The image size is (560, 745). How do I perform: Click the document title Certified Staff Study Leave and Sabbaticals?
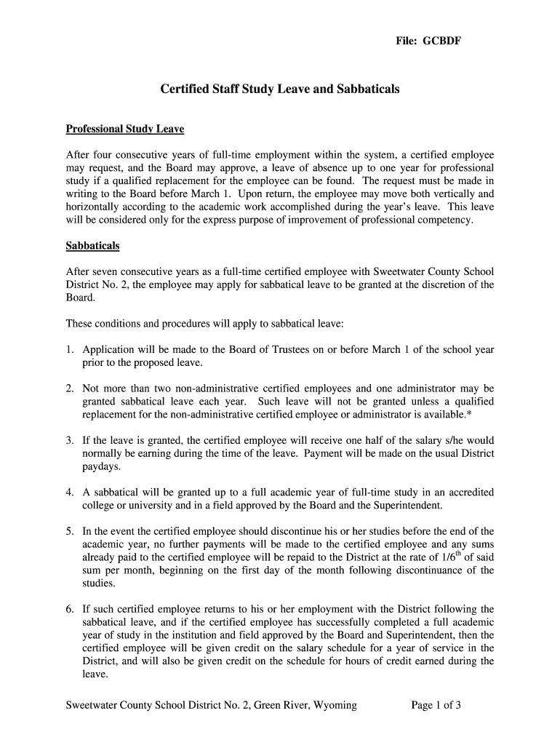click(x=280, y=89)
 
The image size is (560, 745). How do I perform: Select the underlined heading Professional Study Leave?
click(x=125, y=130)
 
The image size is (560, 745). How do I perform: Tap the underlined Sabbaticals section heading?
click(x=92, y=246)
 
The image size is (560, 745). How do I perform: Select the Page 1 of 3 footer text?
click(x=436, y=706)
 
